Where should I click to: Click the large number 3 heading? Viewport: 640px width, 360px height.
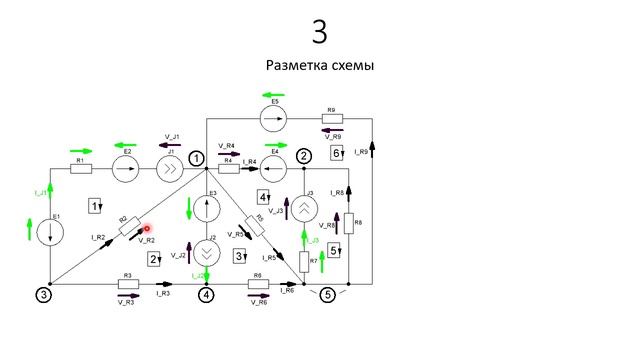pos(320,32)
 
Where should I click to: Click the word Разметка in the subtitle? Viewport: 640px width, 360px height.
pos(299,66)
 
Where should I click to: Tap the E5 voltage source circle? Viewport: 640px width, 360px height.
pos(273,119)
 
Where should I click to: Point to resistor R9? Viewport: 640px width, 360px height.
pos(333,119)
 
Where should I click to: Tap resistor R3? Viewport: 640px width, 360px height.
pos(128,284)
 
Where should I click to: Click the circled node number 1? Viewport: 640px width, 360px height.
pos(197,157)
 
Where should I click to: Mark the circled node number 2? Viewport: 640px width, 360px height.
pos(304,155)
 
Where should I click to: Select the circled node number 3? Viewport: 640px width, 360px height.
pos(43,294)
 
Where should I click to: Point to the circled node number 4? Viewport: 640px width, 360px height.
pos(206,294)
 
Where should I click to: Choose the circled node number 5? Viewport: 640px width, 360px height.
pos(327,294)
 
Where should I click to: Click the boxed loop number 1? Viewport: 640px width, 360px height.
pos(96,206)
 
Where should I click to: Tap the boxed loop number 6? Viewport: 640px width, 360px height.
pos(337,153)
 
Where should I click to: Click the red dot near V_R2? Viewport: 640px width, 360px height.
pos(147,230)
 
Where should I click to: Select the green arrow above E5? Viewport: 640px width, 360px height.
pos(273,97)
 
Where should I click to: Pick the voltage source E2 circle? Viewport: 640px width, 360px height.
pos(125,169)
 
